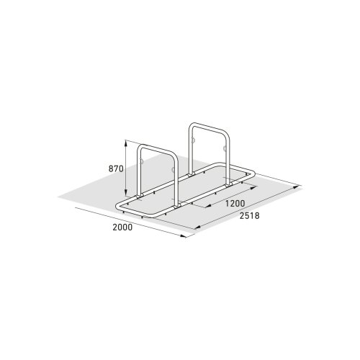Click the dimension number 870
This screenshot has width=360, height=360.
pyautogui.click(x=117, y=168)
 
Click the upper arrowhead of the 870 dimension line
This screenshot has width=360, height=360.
pyautogui.click(x=126, y=142)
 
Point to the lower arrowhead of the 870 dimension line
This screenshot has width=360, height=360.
pyautogui.click(x=126, y=196)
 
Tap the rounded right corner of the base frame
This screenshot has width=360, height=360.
pyautogui.click(x=253, y=173)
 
